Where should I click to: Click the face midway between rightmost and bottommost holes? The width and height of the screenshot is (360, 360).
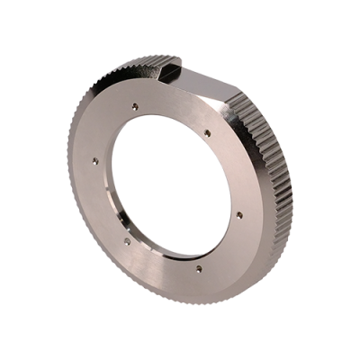[223, 245]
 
